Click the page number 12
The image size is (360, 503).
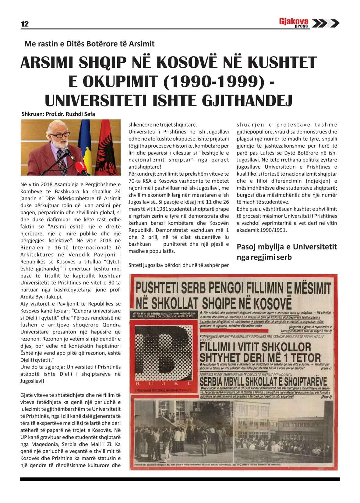click(x=25, y=24)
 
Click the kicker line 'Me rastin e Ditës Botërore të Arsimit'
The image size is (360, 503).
click(x=90, y=44)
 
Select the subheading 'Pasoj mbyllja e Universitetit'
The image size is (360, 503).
click(x=287, y=247)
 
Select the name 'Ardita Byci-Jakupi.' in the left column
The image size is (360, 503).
click(x=41, y=297)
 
